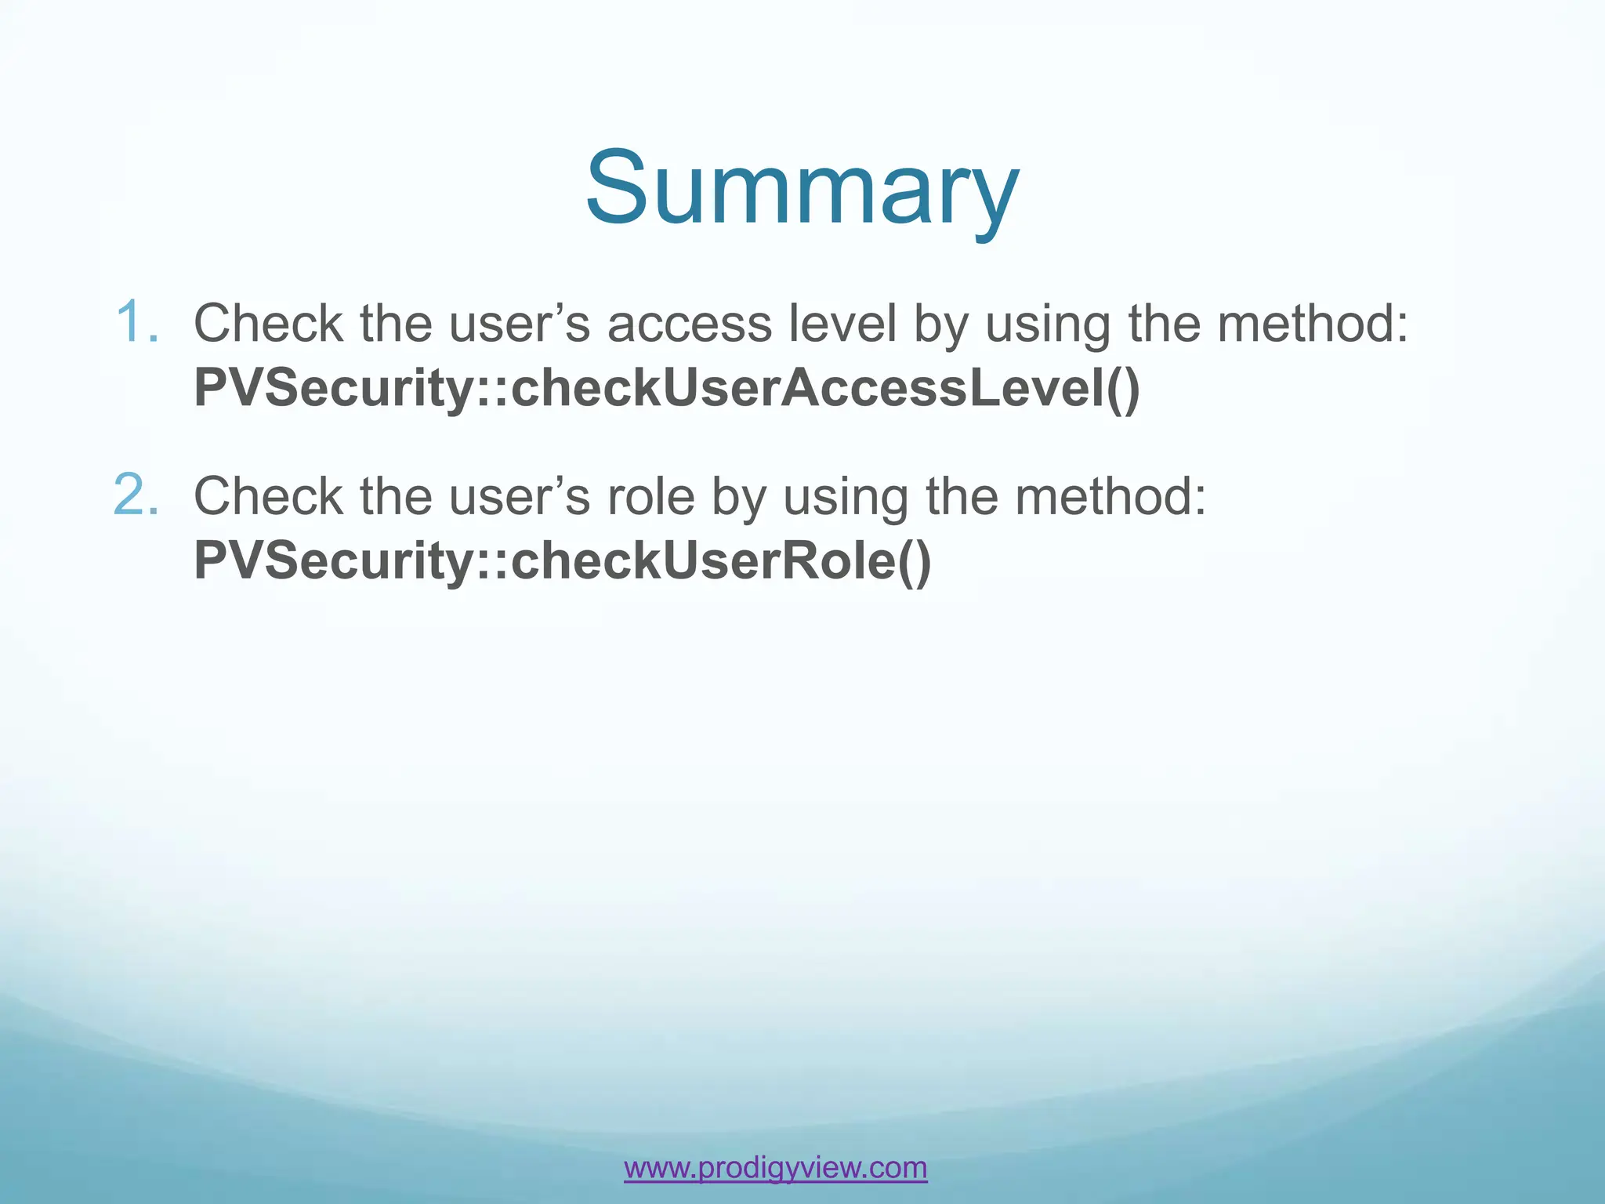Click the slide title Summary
(802, 190)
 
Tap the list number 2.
(137, 495)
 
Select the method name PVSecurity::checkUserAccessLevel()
(666, 387)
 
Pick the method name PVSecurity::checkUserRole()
(562, 560)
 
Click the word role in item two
(650, 497)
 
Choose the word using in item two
(846, 499)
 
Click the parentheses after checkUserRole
(914, 561)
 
